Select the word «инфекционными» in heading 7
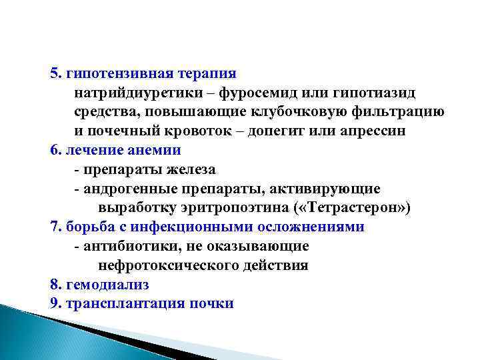pyautogui.click(x=195, y=227)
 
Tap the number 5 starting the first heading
pyautogui.click(x=53, y=72)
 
